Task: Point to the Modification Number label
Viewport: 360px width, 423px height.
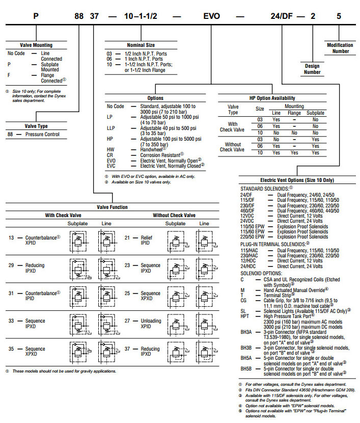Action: pyautogui.click(x=340, y=48)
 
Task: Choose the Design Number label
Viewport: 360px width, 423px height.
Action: pyautogui.click(x=312, y=69)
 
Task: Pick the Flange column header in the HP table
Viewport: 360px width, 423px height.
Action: pyautogui.click(x=295, y=113)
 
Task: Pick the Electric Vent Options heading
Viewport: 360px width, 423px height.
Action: pyautogui.click(x=297, y=180)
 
